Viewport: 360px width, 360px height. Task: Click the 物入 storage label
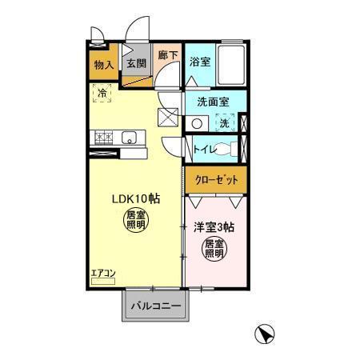tap(103, 64)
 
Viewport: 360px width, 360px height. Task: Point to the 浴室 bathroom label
tap(199, 61)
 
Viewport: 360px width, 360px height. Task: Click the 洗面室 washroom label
tap(213, 102)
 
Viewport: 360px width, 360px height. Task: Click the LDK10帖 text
tap(134, 198)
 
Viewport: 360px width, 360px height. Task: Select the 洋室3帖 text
tap(214, 226)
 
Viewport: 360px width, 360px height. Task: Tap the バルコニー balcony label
tap(154, 304)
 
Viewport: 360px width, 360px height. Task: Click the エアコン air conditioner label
tap(102, 273)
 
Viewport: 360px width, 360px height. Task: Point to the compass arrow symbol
tap(265, 334)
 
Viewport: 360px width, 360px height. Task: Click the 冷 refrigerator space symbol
tap(102, 94)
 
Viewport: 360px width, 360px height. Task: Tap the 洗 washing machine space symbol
tap(225, 123)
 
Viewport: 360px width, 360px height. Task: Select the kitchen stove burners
tap(102, 139)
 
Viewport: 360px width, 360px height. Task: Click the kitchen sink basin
tap(130, 139)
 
